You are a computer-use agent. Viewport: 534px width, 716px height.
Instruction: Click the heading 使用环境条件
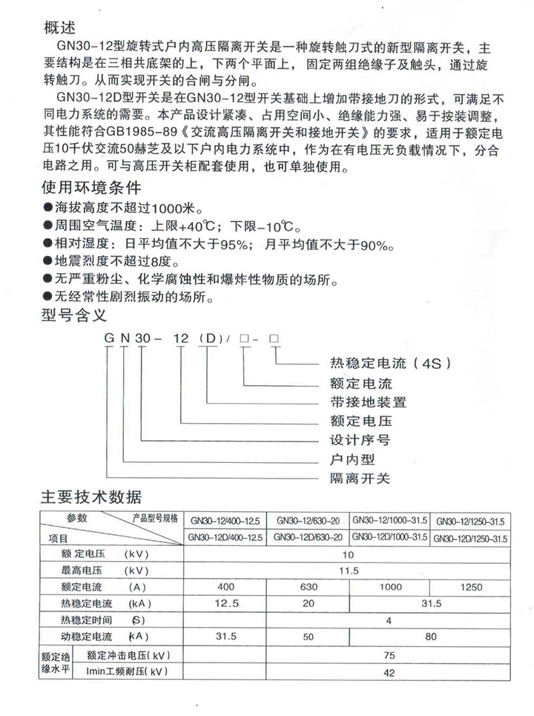coord(89,186)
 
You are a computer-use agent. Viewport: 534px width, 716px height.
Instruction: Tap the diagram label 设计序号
coord(360,440)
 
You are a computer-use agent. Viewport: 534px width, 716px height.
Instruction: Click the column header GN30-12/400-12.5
coord(226,519)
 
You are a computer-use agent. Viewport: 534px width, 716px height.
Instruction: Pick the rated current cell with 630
coord(307,588)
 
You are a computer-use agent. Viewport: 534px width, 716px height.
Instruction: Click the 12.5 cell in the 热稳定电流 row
coord(225,603)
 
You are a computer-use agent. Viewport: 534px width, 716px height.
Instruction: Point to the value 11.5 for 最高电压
coord(349,571)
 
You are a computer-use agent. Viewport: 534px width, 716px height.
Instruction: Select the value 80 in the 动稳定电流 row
coord(430,637)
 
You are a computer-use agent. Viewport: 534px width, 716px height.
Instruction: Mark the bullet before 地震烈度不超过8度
coord(48,262)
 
